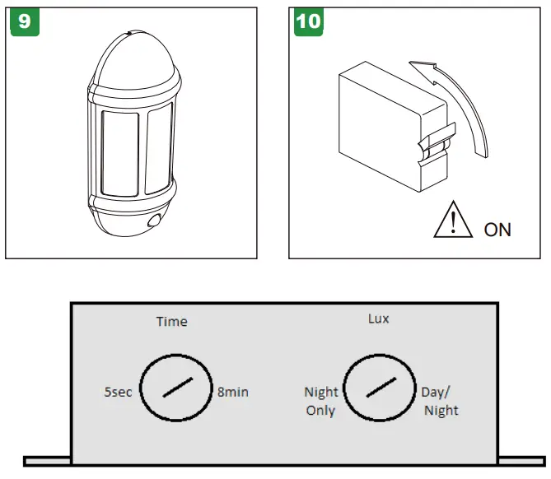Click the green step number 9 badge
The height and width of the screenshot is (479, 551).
click(24, 21)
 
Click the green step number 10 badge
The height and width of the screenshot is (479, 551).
click(308, 21)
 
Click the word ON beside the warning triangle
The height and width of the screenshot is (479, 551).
click(497, 229)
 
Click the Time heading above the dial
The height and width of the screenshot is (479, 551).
click(172, 321)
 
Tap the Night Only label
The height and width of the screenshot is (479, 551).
click(320, 401)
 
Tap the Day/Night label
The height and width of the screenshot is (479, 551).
click(441, 401)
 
